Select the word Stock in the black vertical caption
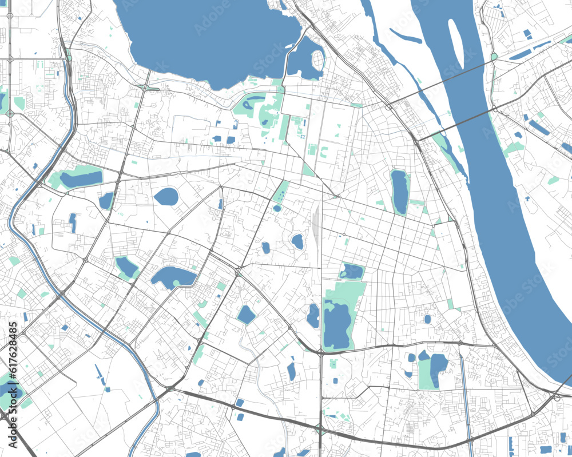(13, 400)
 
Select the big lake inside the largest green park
(337, 325)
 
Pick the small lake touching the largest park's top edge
(351, 272)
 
